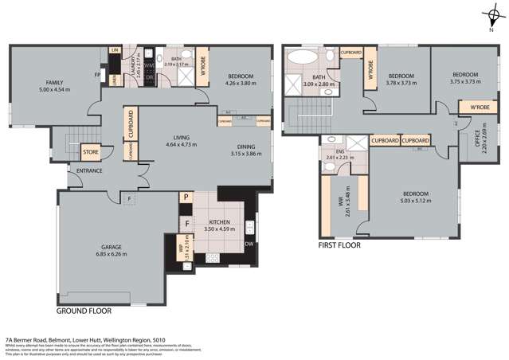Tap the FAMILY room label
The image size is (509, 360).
pyautogui.click(x=55, y=82)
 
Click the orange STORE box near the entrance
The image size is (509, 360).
pyautogui.click(x=91, y=150)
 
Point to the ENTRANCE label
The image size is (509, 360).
pyautogui.click(x=89, y=170)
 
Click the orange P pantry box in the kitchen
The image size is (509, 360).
pyautogui.click(x=186, y=198)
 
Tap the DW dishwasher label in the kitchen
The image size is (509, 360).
pyautogui.click(x=249, y=244)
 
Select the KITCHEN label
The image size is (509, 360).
pyautogui.click(x=220, y=223)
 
